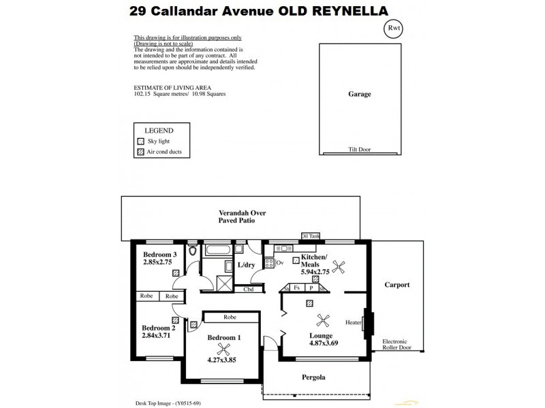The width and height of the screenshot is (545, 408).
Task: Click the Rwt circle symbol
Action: (x=394, y=29)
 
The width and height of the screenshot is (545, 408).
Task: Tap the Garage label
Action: (x=360, y=95)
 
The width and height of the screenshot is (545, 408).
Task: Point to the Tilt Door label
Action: (x=359, y=149)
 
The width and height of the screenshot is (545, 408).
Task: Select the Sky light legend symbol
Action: (x=140, y=141)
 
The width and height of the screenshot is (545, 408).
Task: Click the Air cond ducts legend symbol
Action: (x=140, y=152)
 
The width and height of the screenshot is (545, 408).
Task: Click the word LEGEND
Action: (x=158, y=130)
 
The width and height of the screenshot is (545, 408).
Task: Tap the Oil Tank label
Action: (x=310, y=236)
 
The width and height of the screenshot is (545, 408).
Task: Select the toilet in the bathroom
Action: (x=193, y=252)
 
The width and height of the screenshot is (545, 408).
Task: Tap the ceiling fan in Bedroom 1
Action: (x=221, y=350)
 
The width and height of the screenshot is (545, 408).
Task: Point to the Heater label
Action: (x=353, y=322)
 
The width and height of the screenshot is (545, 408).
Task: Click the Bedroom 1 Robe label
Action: (x=229, y=316)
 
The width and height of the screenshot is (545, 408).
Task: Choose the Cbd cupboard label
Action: (x=249, y=289)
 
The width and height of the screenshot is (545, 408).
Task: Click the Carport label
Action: (x=396, y=285)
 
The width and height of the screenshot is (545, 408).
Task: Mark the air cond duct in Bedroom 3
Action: (x=176, y=273)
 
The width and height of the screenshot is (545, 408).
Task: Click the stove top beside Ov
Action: (x=269, y=262)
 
